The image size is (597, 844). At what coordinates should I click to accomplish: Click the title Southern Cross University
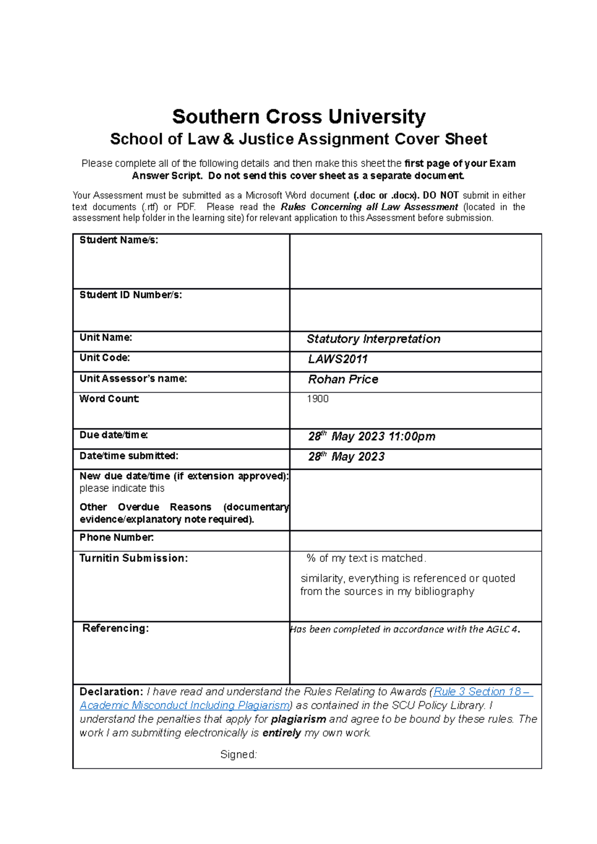click(298, 117)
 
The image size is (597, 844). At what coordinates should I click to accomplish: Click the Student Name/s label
click(118, 240)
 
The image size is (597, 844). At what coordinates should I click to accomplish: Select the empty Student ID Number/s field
click(415, 310)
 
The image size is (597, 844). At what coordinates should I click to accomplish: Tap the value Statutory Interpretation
click(373, 339)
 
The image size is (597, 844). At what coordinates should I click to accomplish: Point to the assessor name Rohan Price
click(343, 379)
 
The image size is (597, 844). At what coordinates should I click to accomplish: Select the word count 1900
click(317, 399)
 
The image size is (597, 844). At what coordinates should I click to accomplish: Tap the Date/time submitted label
click(128, 456)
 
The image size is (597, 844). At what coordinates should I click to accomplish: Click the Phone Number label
click(116, 537)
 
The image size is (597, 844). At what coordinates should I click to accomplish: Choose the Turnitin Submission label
click(133, 558)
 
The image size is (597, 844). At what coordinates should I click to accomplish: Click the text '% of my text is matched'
click(366, 558)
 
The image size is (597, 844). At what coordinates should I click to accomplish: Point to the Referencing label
click(115, 628)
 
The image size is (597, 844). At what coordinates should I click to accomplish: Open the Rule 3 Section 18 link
click(483, 691)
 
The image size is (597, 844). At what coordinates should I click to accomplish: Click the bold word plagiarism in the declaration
click(298, 719)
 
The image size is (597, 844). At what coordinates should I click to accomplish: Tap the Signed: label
click(238, 755)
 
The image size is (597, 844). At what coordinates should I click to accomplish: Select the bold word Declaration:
click(111, 691)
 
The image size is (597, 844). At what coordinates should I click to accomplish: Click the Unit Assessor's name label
click(133, 379)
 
